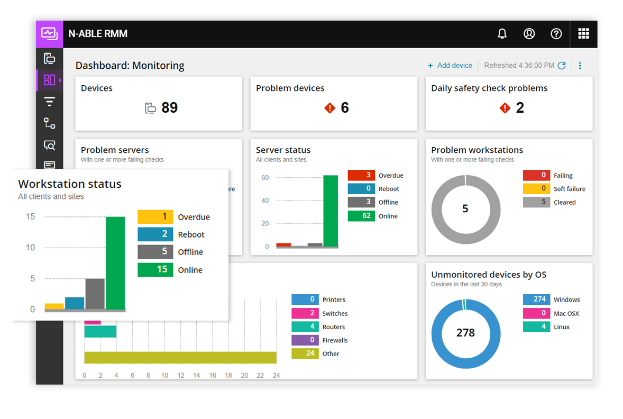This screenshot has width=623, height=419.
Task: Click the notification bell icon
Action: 502,34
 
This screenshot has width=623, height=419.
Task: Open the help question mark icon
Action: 556,34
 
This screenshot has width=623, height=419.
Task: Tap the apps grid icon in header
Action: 583,34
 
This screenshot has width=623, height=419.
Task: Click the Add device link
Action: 450,66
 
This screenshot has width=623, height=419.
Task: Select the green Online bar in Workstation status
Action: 115,262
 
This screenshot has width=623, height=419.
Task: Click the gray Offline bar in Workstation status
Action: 95,293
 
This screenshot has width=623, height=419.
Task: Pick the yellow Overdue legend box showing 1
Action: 155,217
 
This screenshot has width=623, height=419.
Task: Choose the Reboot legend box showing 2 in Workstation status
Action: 155,234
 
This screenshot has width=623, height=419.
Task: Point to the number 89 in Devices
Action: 169,108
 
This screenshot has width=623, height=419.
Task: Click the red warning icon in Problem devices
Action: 330,108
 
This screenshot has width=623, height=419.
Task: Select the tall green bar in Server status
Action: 331,211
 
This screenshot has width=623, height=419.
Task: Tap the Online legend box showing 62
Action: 361,216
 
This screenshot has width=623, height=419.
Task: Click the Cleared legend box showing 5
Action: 536,202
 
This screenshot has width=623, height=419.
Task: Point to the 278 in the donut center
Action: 465,333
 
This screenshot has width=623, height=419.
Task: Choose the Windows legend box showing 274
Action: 536,299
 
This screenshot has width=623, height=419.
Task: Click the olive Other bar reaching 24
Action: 180,358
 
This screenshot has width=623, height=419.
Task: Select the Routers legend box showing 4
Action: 305,327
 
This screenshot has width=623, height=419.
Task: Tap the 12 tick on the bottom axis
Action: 180,376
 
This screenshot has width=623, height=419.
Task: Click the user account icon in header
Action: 529,34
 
